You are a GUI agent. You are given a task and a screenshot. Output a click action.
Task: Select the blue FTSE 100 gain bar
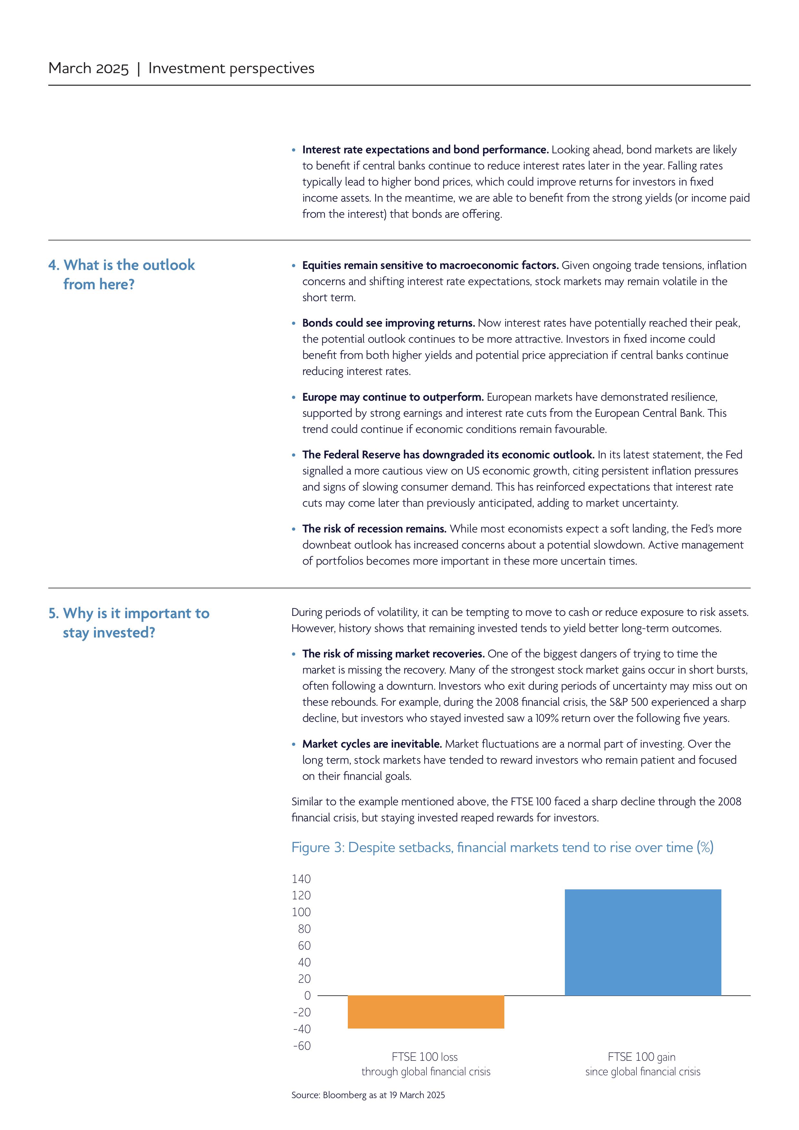(642, 942)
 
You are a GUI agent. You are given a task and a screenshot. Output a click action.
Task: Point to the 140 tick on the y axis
(301, 878)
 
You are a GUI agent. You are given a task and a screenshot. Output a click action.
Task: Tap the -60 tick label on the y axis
(301, 1045)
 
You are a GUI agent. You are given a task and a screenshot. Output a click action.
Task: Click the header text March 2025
(89, 68)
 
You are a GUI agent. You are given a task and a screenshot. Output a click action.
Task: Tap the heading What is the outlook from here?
(122, 274)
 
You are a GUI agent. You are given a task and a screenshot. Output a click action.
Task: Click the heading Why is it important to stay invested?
(129, 623)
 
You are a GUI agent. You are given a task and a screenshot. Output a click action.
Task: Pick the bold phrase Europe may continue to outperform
(393, 397)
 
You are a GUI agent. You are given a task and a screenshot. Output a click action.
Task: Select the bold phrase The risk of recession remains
(374, 529)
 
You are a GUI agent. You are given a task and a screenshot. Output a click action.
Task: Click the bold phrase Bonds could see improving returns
(388, 323)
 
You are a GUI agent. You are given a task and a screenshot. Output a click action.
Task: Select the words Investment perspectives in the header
(231, 68)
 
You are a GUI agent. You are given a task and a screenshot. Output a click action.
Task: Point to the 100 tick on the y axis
(301, 912)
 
